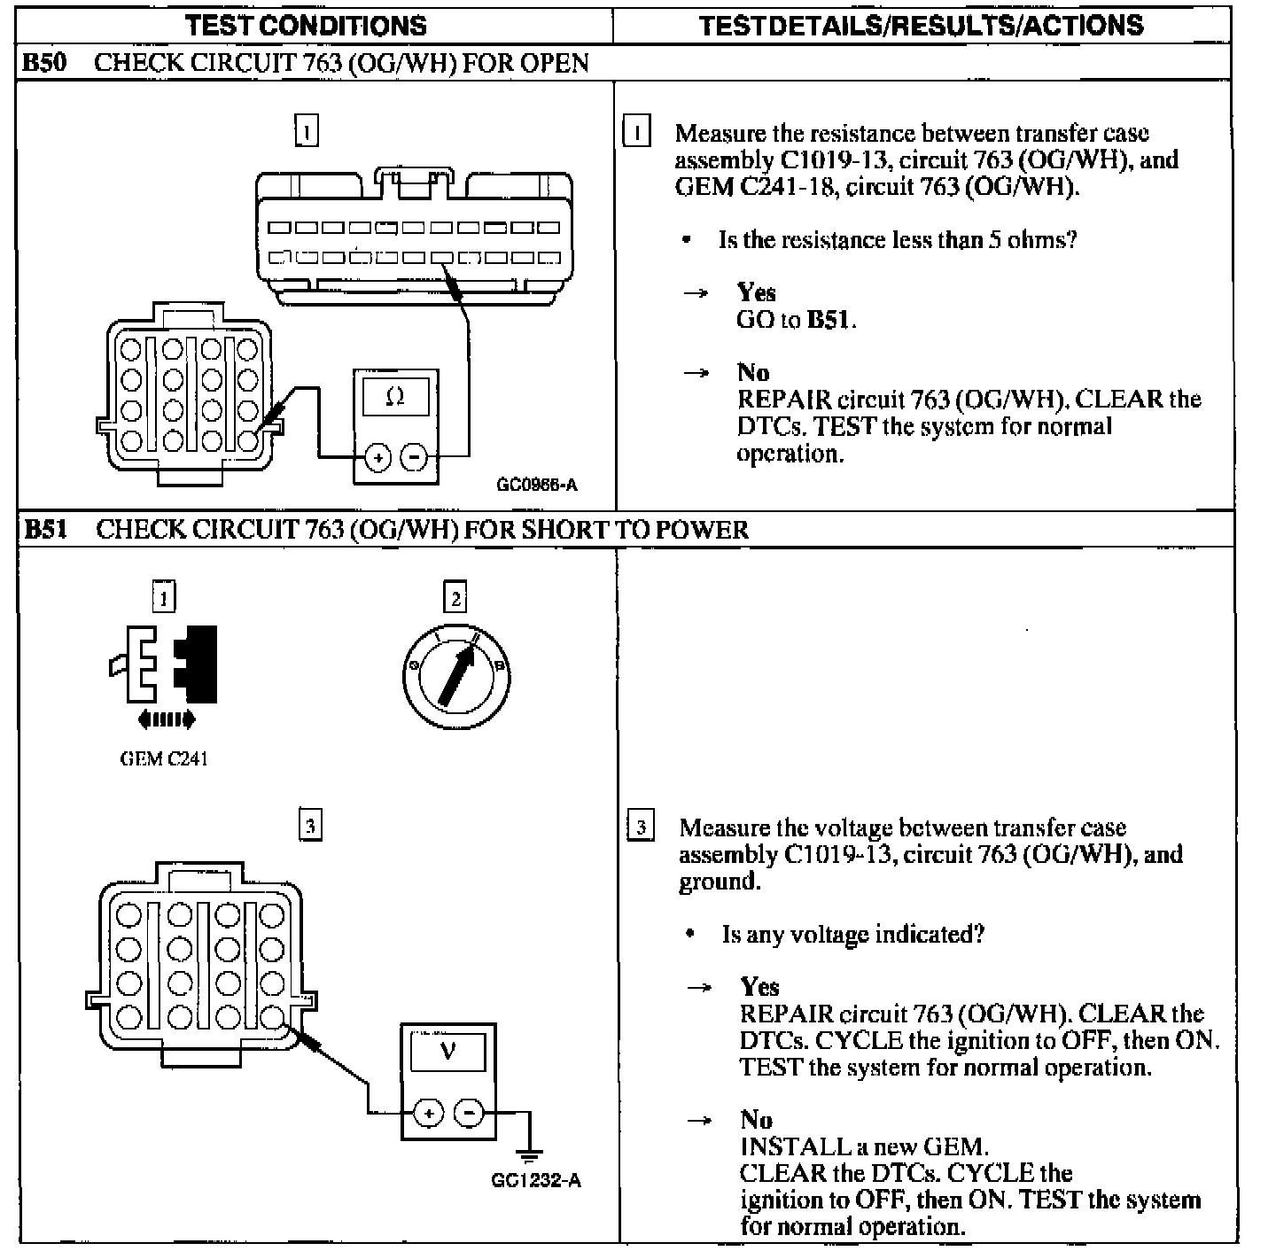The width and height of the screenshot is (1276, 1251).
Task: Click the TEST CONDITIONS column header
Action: point(306,25)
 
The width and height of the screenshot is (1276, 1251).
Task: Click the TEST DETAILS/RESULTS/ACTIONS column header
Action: point(921,25)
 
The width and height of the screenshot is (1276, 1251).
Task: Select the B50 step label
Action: point(43,63)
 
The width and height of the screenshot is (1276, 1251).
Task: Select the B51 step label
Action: point(44,530)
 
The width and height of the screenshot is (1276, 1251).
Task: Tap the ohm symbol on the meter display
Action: point(396,398)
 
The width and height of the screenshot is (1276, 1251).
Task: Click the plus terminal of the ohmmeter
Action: point(378,458)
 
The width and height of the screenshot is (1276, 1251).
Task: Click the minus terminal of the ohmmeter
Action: point(414,458)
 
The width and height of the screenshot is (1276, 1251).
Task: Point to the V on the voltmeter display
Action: point(447,1052)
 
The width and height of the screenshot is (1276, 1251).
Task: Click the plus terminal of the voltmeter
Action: point(429,1113)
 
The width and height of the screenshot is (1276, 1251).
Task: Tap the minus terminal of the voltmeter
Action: point(470,1113)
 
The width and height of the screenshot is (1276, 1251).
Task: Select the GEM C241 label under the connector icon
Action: point(164,758)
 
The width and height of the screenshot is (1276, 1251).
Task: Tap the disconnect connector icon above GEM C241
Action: point(165,664)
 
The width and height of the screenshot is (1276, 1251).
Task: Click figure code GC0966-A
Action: point(537,485)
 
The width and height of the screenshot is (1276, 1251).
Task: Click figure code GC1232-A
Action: point(536,1180)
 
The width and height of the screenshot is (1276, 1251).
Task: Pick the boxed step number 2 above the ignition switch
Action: point(455,598)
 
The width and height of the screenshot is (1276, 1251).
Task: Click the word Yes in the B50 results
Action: point(756,292)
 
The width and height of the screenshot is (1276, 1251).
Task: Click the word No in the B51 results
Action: point(756,1120)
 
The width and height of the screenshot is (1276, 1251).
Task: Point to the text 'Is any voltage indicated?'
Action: point(852,935)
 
